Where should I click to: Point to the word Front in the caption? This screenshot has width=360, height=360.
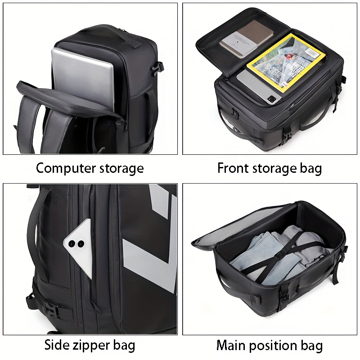[233, 168]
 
